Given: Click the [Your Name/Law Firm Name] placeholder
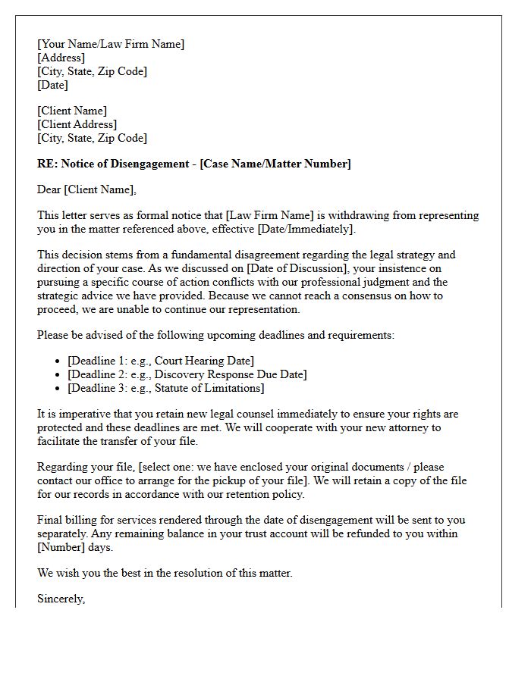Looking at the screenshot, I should pyautogui.click(x=111, y=44).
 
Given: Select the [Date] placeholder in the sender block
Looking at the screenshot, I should pyautogui.click(x=52, y=85).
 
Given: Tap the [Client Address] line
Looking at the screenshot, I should pyautogui.click(x=77, y=124).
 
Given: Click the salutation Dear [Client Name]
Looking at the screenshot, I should pyautogui.click(x=87, y=189).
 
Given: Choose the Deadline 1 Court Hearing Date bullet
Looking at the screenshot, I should pyautogui.click(x=161, y=361).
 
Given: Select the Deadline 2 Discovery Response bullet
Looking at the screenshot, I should pyautogui.click(x=187, y=374).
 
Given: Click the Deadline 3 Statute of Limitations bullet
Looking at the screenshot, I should pyautogui.click(x=165, y=388).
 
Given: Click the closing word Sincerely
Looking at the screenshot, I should pyautogui.click(x=61, y=599).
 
